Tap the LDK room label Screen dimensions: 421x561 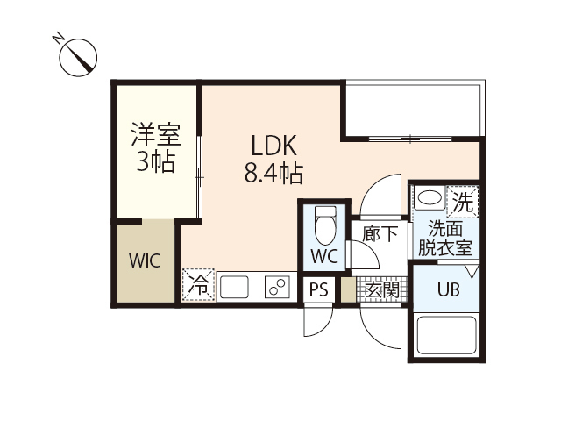click(274, 145)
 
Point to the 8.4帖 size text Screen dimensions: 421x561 click(273, 174)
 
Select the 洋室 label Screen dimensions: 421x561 click(155, 135)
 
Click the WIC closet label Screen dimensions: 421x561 click(145, 261)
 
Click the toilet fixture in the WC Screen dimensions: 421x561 click(324, 225)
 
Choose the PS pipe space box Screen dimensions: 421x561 click(319, 289)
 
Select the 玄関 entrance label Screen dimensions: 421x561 click(382, 289)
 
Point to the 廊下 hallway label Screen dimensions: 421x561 click(380, 233)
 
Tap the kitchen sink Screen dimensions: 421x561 click(234, 287)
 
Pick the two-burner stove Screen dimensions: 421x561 click(279, 287)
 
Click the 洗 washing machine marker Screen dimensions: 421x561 click(463, 201)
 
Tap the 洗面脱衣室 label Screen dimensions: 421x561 click(444, 238)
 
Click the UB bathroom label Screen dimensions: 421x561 click(448, 290)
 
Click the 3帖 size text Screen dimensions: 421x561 click(155, 161)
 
